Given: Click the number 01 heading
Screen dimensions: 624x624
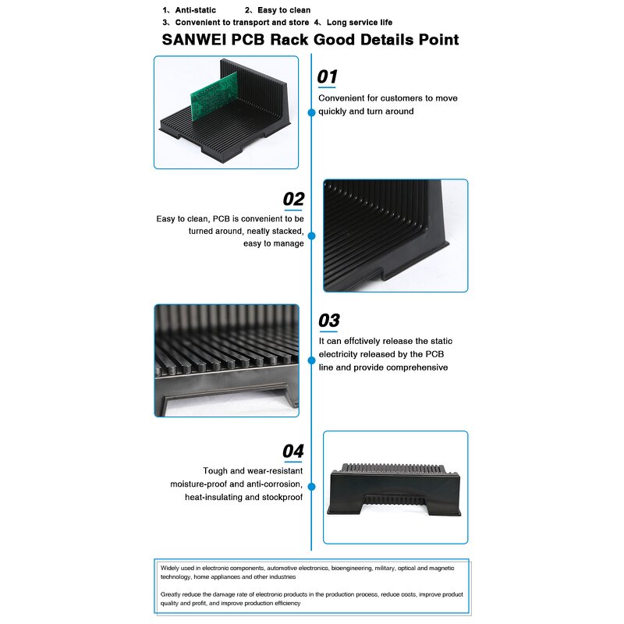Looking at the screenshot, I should (x=328, y=77).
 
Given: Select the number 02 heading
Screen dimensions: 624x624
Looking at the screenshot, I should (x=293, y=199).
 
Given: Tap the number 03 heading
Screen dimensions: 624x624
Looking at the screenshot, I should (x=329, y=321).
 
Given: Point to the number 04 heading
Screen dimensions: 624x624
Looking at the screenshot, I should (x=292, y=451).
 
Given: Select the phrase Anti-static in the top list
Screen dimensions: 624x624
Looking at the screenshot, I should (x=195, y=10).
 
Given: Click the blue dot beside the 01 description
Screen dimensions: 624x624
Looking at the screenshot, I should (x=311, y=112).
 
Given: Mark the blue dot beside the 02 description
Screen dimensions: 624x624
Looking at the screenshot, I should (x=311, y=235).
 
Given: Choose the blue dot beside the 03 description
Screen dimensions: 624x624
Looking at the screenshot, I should (x=311, y=359).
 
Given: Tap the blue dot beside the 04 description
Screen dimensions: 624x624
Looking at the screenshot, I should (x=311, y=487).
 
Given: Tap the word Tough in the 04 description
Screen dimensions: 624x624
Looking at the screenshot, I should (x=216, y=471).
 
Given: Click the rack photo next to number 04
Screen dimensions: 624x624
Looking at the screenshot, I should (x=395, y=487).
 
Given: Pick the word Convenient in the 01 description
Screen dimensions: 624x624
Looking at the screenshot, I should (x=343, y=98).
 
